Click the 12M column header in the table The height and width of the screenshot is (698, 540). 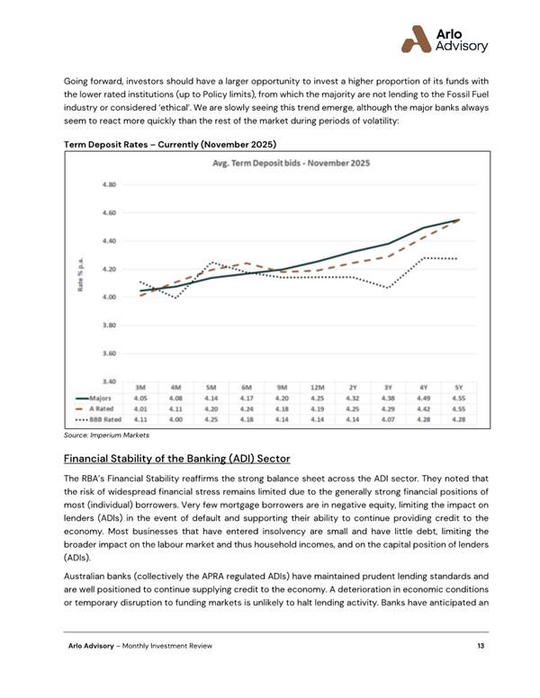point(316,385)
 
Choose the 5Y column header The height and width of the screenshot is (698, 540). point(457,385)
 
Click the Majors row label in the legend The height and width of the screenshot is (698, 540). point(98,396)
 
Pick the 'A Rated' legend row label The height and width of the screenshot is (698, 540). point(98,407)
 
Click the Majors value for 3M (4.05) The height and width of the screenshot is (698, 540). point(139,396)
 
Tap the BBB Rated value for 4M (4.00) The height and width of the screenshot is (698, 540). point(175,417)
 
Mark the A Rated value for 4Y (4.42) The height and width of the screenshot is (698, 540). point(422,407)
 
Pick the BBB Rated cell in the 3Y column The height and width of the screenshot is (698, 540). point(387,417)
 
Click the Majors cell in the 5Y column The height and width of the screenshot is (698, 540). point(457,396)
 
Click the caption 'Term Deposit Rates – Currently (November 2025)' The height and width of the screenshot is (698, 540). point(168,144)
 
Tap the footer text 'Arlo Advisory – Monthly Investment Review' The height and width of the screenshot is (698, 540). point(145,647)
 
